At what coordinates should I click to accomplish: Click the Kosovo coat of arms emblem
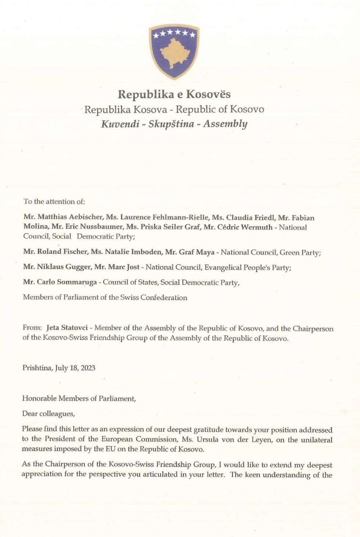click(174, 51)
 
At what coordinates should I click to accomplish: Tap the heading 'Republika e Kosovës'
click(174, 94)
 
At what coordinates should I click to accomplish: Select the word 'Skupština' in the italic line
click(171, 124)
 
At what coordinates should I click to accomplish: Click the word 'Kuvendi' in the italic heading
click(120, 124)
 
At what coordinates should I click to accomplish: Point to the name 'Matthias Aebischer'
click(70, 217)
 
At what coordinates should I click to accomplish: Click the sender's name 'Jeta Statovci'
click(67, 328)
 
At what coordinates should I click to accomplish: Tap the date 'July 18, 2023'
click(75, 368)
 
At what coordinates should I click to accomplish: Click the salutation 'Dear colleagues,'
click(48, 414)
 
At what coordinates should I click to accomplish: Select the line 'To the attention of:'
click(54, 201)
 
